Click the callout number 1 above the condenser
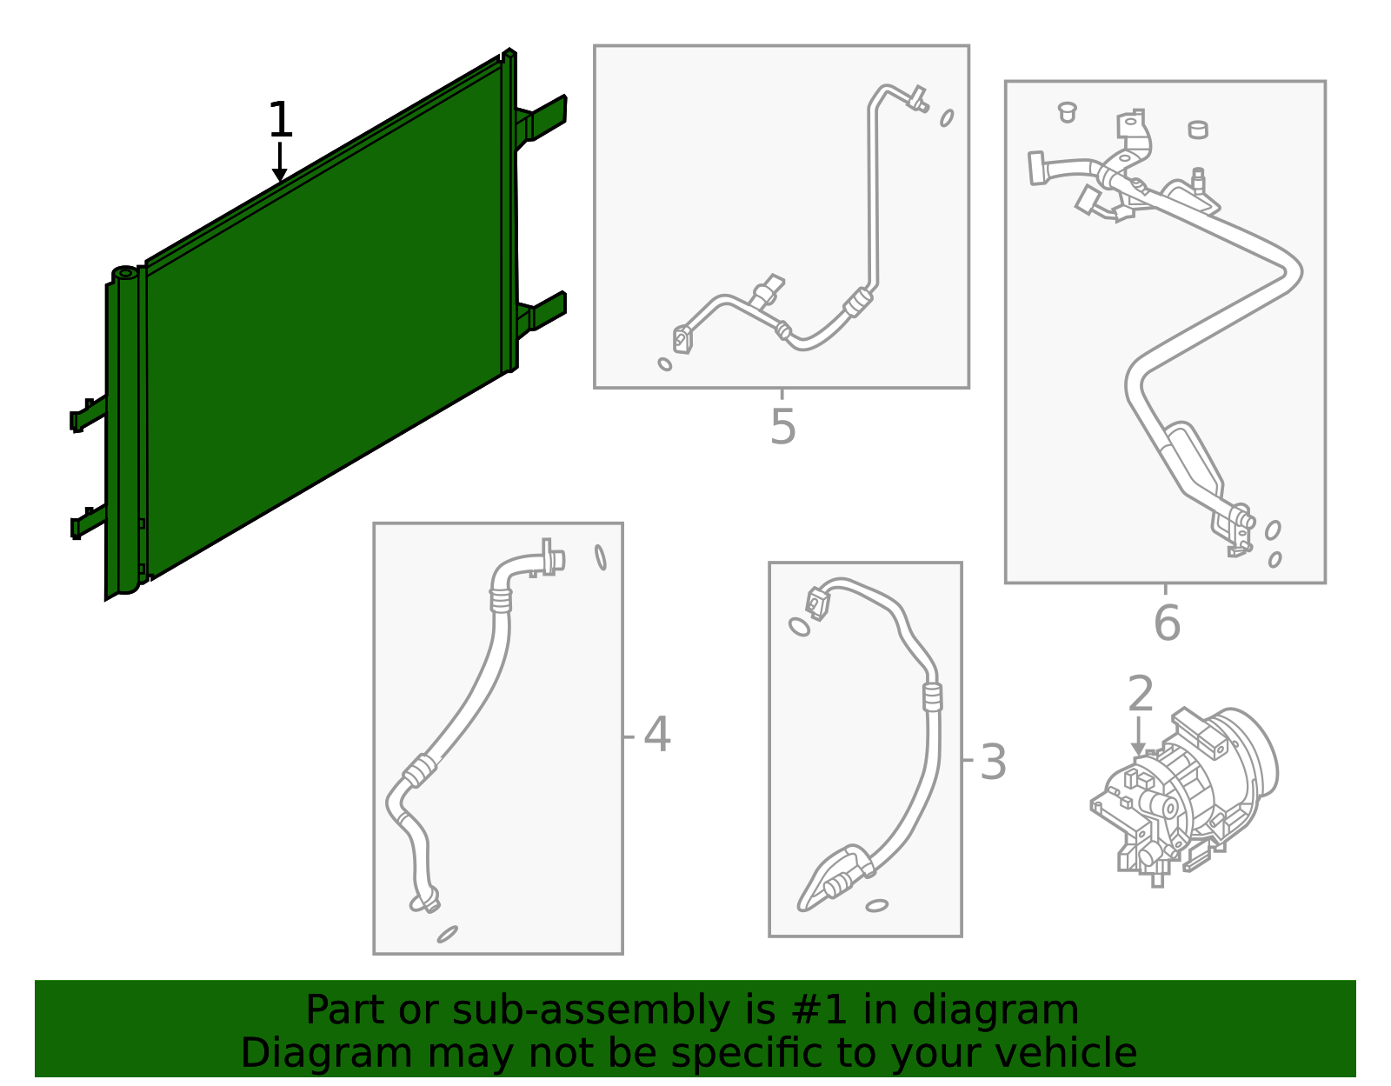pos(280,120)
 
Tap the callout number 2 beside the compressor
pos(1140,695)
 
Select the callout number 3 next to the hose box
pos(992,763)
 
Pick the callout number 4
pos(656,735)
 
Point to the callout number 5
pos(782,427)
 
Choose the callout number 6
pos(1167,623)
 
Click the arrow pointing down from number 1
pos(279,165)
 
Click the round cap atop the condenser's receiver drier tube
pos(125,274)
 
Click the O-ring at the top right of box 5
pos(947,117)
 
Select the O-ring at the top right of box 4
pos(601,557)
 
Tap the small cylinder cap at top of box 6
pos(1197,130)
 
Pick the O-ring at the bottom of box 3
pos(876,906)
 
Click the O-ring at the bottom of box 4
pos(448,934)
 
